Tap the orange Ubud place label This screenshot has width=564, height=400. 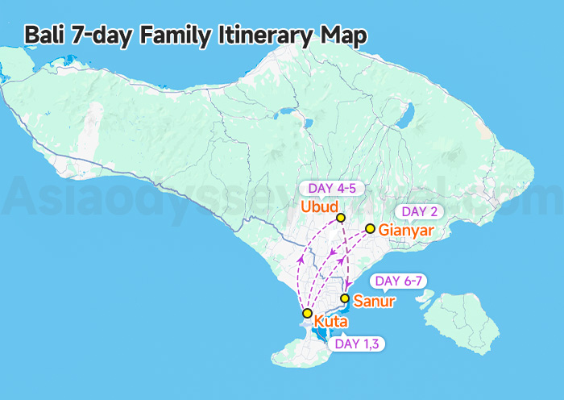[318, 207]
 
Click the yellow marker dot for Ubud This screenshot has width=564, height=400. [341, 218]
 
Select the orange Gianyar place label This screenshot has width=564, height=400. [406, 231]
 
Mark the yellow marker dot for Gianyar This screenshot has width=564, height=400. [370, 229]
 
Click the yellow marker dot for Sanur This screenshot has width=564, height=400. [345, 298]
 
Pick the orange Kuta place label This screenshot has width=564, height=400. [330, 323]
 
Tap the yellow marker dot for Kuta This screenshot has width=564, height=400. [307, 313]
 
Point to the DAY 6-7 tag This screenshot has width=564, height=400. [400, 281]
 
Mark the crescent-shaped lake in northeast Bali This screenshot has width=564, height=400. [404, 119]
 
